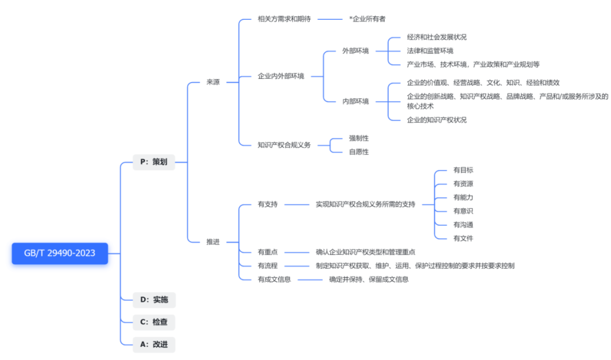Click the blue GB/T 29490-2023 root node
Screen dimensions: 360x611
(x=59, y=253)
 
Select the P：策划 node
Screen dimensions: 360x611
(x=154, y=162)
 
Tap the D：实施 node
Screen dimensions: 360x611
(x=154, y=299)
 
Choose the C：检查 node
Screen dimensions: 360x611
(x=154, y=322)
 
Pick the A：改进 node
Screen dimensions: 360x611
(x=154, y=344)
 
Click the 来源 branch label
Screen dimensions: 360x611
(x=213, y=82)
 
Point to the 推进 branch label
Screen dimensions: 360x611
(x=213, y=242)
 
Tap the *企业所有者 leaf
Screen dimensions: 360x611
(x=368, y=19)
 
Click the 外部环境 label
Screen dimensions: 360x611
(x=355, y=51)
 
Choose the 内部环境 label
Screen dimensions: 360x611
(x=355, y=101)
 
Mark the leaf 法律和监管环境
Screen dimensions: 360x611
(x=430, y=51)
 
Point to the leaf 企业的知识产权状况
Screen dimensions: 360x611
(x=437, y=120)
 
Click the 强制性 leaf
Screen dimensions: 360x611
(x=359, y=138)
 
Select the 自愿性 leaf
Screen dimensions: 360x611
(x=359, y=152)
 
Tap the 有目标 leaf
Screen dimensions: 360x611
(x=463, y=170)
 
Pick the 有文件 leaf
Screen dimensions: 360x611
(x=463, y=238)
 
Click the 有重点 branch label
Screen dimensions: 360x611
(x=268, y=252)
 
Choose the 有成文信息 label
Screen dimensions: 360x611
(x=274, y=279)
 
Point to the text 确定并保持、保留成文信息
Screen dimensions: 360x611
(x=369, y=279)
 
